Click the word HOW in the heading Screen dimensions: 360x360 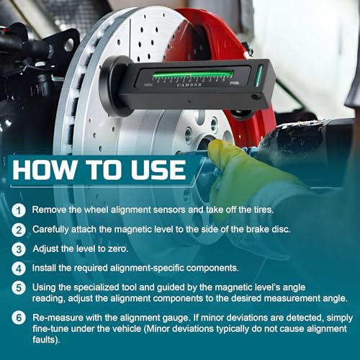click(44, 169)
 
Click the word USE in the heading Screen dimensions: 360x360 click(158, 169)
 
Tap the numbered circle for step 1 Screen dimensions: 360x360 click(19, 210)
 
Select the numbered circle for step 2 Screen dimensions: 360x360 click(19, 230)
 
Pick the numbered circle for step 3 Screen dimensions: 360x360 click(19, 249)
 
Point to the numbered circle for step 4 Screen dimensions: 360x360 click(19, 269)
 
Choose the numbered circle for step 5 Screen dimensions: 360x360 click(19, 287)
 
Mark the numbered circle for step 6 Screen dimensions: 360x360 click(19, 318)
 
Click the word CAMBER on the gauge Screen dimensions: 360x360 click(189, 85)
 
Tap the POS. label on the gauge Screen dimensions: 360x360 click(235, 83)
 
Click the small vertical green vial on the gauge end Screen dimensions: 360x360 click(258, 75)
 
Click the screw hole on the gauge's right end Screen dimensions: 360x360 click(256, 97)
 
